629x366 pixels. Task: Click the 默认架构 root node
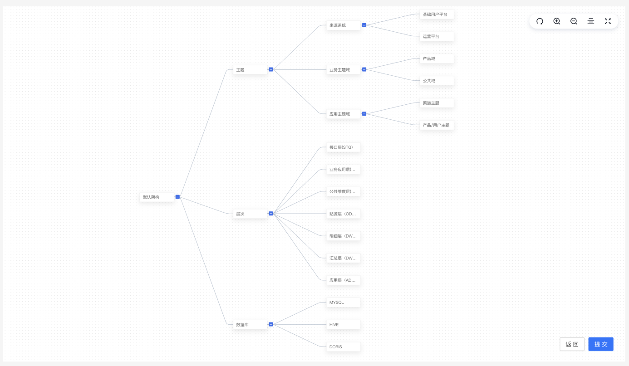(x=157, y=197)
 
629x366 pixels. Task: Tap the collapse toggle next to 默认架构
(x=177, y=197)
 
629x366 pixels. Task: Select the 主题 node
(x=250, y=69)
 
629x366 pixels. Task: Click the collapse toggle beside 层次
(x=271, y=214)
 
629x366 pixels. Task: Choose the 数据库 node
(x=250, y=324)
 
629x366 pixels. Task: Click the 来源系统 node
(x=343, y=25)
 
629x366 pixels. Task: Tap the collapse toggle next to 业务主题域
(x=364, y=69)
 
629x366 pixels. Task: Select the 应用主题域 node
(x=343, y=114)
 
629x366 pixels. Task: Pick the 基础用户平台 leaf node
(x=437, y=15)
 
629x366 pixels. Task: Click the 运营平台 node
(x=437, y=36)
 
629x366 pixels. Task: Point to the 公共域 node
(x=437, y=81)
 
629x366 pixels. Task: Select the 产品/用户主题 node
(x=437, y=125)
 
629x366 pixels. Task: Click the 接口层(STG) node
(x=343, y=147)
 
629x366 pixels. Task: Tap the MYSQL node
(x=343, y=303)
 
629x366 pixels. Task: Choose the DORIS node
(x=343, y=346)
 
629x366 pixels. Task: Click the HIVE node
(x=343, y=324)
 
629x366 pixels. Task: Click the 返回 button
(x=572, y=344)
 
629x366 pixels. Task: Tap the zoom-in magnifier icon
(x=557, y=21)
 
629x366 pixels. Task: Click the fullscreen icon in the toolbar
(x=608, y=21)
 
